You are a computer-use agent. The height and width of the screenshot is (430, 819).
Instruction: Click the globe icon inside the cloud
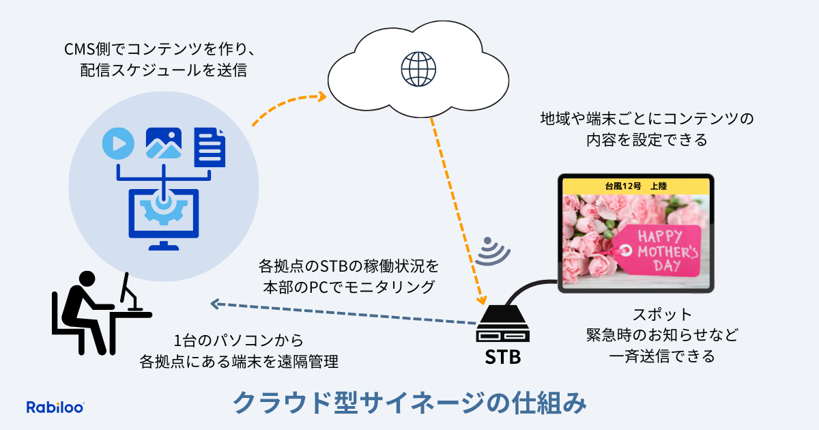click(x=418, y=67)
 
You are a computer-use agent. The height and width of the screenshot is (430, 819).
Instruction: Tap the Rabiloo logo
click(x=55, y=407)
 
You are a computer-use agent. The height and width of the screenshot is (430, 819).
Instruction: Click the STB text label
click(x=502, y=356)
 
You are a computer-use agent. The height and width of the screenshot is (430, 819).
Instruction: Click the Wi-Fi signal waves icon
click(x=493, y=252)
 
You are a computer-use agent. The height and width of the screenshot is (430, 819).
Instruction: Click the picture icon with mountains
click(x=163, y=143)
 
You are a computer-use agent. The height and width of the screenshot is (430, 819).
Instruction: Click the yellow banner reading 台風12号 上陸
click(x=635, y=186)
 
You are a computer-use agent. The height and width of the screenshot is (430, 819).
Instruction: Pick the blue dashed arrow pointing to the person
click(x=341, y=312)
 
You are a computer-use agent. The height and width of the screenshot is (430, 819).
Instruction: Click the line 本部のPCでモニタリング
click(x=349, y=287)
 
